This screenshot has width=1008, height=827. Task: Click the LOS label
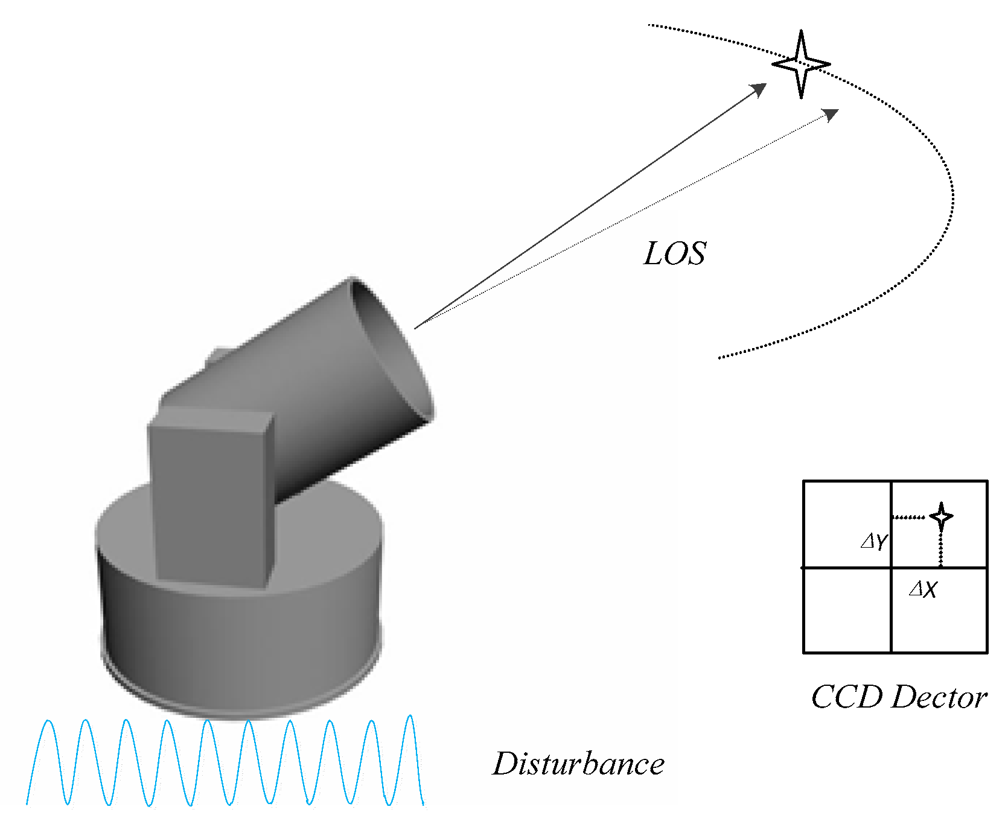pyautogui.click(x=675, y=254)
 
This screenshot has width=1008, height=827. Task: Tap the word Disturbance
pyautogui.click(x=578, y=764)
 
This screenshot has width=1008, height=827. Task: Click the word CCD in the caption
pyautogui.click(x=846, y=698)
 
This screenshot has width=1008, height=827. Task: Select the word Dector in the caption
pyautogui.click(x=939, y=698)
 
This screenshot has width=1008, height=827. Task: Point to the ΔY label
pyautogui.click(x=873, y=541)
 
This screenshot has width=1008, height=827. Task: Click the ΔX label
pyautogui.click(x=923, y=589)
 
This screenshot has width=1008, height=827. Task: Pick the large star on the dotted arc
pyautogui.click(x=801, y=64)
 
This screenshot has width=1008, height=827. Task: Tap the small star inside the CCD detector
pyautogui.click(x=941, y=516)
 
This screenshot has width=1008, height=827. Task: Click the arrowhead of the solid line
pyautogui.click(x=759, y=89)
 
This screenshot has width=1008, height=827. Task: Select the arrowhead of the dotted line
pyautogui.click(x=832, y=114)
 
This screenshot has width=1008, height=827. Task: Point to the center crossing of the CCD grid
pyautogui.click(x=891, y=568)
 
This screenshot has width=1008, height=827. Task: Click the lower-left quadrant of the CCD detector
pyautogui.click(x=847, y=610)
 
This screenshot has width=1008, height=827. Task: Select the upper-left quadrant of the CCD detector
pyautogui.click(x=847, y=524)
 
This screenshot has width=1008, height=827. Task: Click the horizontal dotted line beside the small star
pyautogui.click(x=908, y=517)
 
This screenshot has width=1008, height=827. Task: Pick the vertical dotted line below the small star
pyautogui.click(x=941, y=549)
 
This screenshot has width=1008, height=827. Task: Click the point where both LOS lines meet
pyautogui.click(x=416, y=328)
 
